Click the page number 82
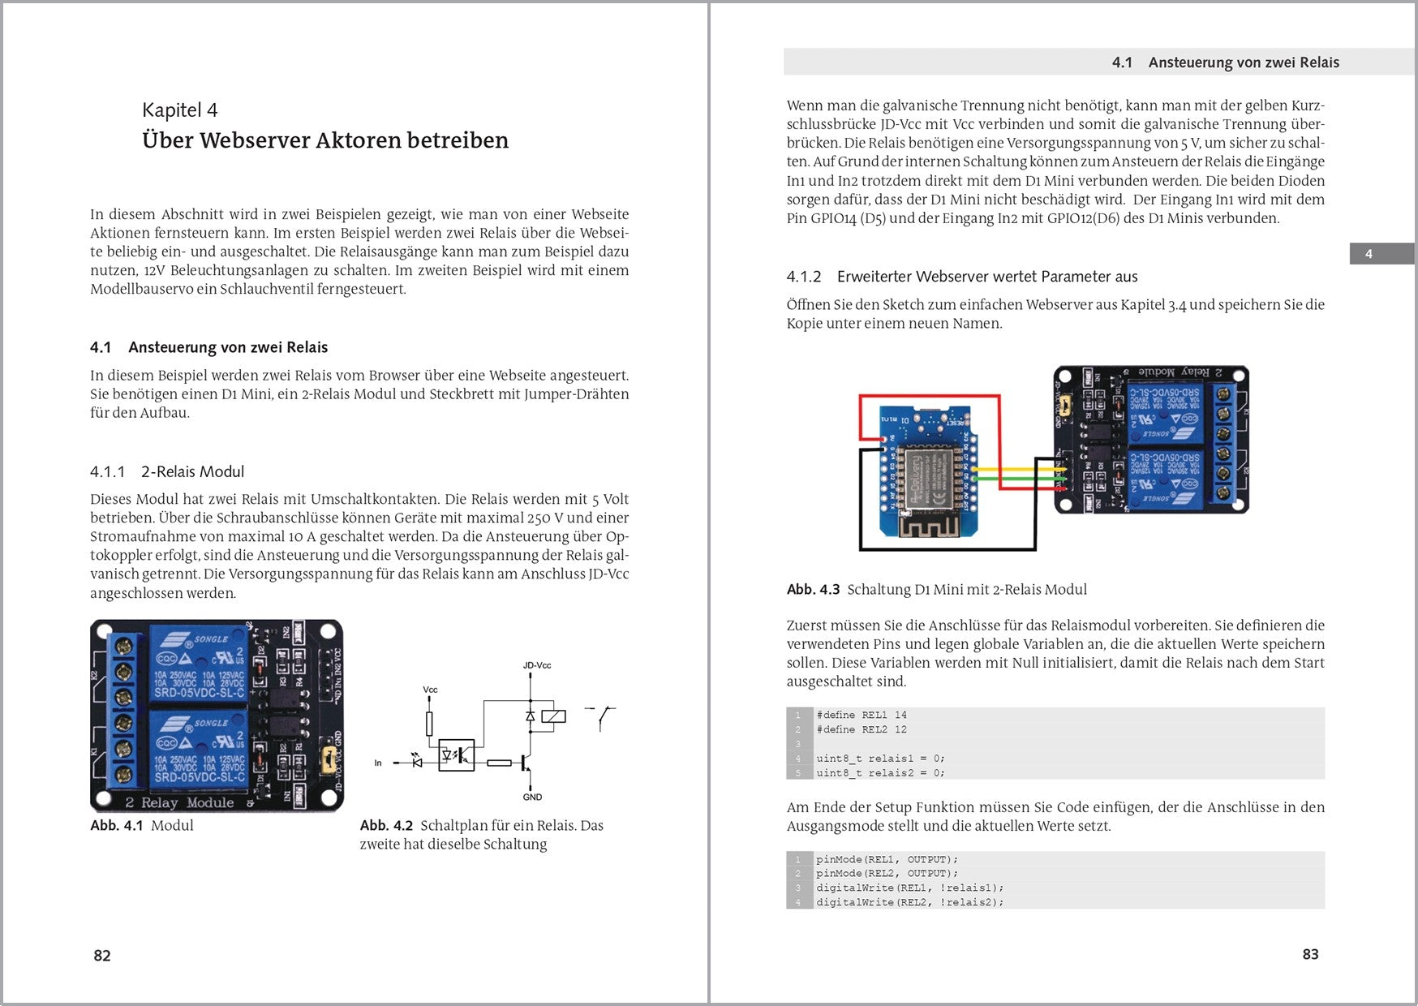(102, 955)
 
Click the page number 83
(1310, 954)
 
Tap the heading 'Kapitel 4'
(180, 110)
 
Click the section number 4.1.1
(108, 471)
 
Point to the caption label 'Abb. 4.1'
(117, 825)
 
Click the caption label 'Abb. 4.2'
(386, 825)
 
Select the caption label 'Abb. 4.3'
(813, 590)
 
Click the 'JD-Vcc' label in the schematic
(536, 665)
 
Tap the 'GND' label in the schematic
(532, 797)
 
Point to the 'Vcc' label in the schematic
(430, 690)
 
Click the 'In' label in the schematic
(378, 763)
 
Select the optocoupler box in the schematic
(456, 755)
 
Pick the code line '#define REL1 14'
(862, 715)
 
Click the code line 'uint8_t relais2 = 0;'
(880, 772)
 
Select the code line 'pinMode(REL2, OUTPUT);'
(887, 873)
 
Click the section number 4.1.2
(803, 277)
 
